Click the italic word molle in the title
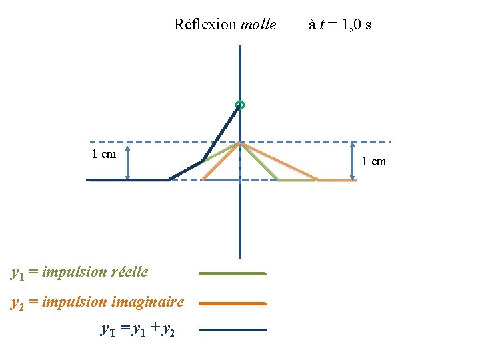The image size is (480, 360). (258, 25)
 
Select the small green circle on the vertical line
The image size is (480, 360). (240, 105)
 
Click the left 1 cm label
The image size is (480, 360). (103, 155)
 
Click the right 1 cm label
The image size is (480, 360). (373, 161)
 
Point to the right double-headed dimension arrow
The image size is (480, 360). (353, 161)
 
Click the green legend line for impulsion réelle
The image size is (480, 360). (232, 273)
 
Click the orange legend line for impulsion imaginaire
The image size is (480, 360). (232, 303)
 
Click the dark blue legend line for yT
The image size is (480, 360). (232, 329)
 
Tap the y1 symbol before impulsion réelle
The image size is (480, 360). (18, 273)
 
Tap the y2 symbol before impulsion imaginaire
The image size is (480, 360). (18, 303)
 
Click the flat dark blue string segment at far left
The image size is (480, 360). (127, 179)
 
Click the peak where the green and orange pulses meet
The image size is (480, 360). (240, 143)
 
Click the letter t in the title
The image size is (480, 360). (321, 25)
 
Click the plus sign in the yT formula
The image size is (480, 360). (154, 328)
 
